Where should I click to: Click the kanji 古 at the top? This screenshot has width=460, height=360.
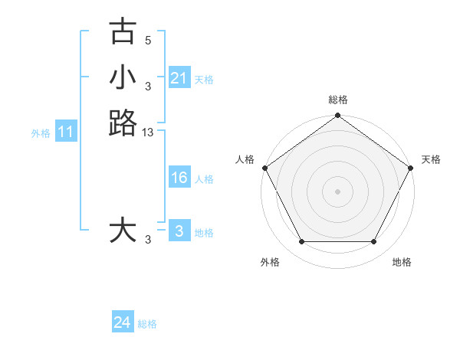123,31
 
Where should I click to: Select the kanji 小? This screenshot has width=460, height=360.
123,77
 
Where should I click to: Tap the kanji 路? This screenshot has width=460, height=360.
123,123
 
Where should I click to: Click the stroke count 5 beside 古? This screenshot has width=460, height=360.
148,40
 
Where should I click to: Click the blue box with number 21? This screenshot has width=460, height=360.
179,78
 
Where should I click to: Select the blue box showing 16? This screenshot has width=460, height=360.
179,178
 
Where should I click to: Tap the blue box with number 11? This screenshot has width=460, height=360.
66,133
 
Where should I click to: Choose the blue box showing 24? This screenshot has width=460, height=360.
122,322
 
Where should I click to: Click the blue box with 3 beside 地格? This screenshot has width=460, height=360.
179,231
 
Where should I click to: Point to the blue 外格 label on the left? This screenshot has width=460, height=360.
41,133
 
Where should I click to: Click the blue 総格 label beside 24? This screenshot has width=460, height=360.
147,324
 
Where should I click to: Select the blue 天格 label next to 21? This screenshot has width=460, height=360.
204,80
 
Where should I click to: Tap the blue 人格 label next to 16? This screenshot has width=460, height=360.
204,179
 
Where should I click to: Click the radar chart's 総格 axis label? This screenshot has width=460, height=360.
337,100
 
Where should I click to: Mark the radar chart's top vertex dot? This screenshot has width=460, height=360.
337,116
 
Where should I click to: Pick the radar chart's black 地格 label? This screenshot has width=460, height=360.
402,263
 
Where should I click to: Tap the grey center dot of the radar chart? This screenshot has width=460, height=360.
337,191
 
